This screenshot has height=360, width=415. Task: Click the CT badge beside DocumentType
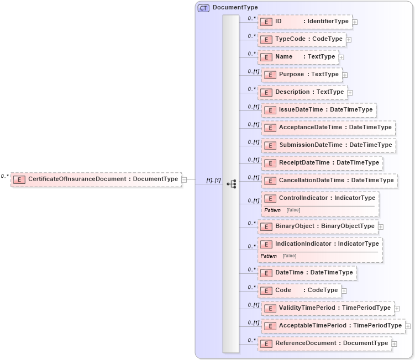(x=203, y=7)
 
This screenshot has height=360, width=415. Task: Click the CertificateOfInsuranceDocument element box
(x=96, y=179)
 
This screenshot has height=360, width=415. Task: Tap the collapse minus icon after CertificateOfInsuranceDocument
(x=184, y=179)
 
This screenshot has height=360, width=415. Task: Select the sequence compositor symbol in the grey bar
(x=231, y=184)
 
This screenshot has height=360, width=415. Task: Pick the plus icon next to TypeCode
(x=349, y=40)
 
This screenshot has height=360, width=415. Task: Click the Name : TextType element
(x=298, y=57)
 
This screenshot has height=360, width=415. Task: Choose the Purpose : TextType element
(x=302, y=75)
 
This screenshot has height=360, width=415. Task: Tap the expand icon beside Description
(x=350, y=93)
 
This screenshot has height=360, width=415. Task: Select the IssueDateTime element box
(x=319, y=110)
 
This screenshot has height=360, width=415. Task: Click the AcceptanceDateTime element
(x=328, y=128)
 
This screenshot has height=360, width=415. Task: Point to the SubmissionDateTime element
(x=328, y=145)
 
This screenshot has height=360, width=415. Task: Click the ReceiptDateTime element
(x=322, y=163)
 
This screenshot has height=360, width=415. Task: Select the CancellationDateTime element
(x=329, y=181)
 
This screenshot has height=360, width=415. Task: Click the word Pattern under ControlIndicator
(x=272, y=210)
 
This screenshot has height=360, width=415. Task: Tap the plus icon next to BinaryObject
(x=381, y=226)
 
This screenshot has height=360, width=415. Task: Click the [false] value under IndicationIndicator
(x=289, y=256)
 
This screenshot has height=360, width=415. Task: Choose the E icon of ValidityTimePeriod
(x=270, y=308)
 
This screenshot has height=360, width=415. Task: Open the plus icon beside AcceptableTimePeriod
(x=408, y=326)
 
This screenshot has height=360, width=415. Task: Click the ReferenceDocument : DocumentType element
(x=324, y=343)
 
